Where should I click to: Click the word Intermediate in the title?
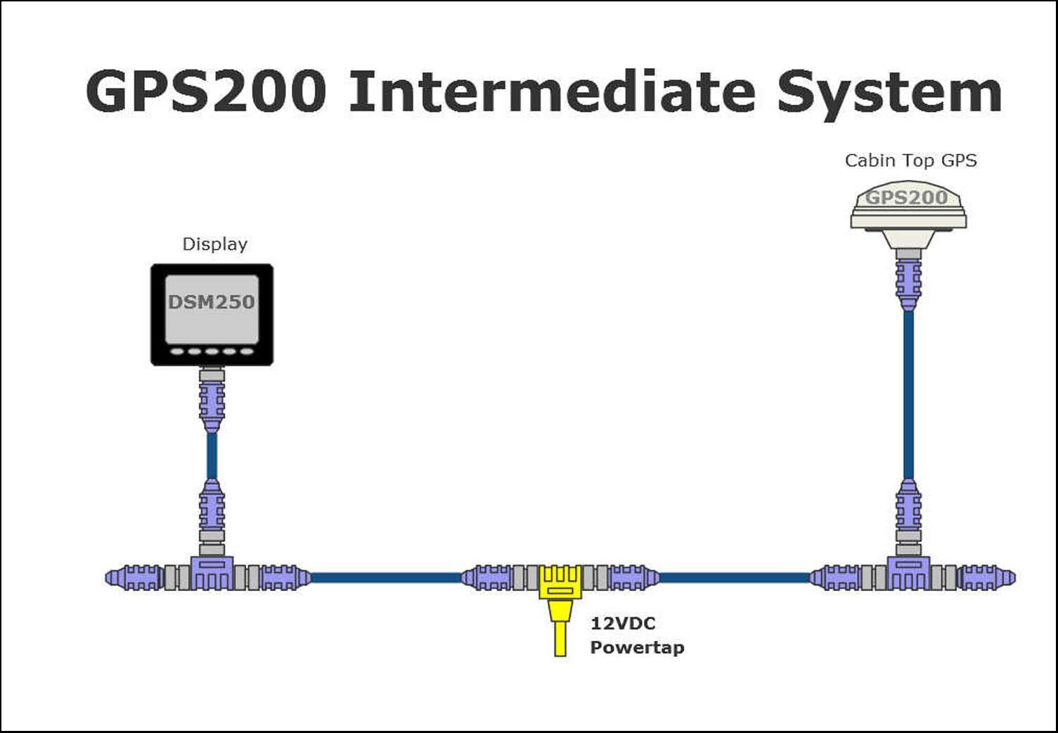[552, 92]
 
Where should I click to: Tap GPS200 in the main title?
[206, 92]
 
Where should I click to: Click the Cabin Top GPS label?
[910, 161]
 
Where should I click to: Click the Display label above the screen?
[214, 245]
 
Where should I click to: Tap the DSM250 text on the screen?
[211, 302]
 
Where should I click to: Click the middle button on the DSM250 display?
[212, 351]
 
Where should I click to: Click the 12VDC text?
[623, 623]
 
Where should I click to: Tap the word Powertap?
[637, 647]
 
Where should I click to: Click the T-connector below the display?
[212, 573]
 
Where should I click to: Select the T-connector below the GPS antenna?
[908, 573]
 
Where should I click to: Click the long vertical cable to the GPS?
[908, 394]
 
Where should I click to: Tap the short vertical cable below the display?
[212, 455]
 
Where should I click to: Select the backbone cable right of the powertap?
[735, 578]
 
